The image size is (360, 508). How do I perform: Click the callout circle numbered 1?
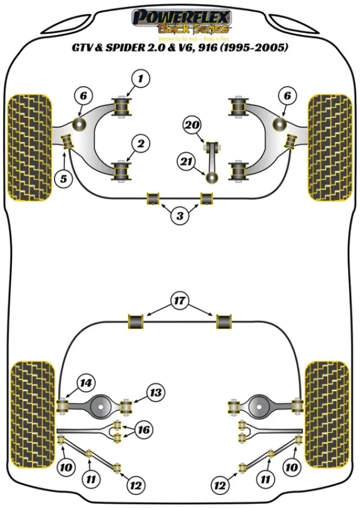click(x=141, y=78)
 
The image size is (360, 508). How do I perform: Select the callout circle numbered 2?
click(x=141, y=143)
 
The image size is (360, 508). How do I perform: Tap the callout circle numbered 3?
click(x=180, y=216)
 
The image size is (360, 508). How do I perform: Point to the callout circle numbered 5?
click(x=63, y=177)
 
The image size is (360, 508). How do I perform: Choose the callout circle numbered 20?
click(x=192, y=125)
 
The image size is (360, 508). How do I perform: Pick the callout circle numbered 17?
click(x=180, y=301)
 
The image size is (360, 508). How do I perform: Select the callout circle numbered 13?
click(x=155, y=392)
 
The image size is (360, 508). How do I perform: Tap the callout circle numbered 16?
click(x=142, y=430)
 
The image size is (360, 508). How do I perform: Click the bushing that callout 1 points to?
click(x=123, y=106)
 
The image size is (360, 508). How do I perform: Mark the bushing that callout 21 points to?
click(x=210, y=177)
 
